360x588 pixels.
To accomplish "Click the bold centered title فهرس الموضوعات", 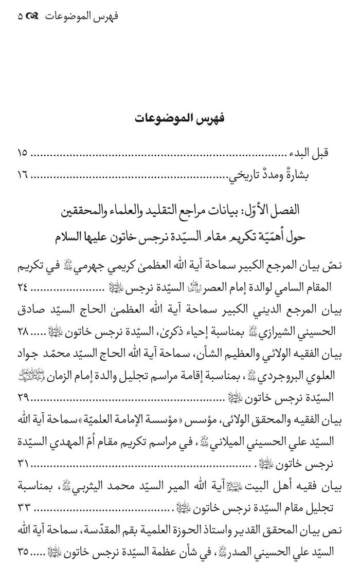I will pos(179,118).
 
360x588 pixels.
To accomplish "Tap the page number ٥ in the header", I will pos(21,16).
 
